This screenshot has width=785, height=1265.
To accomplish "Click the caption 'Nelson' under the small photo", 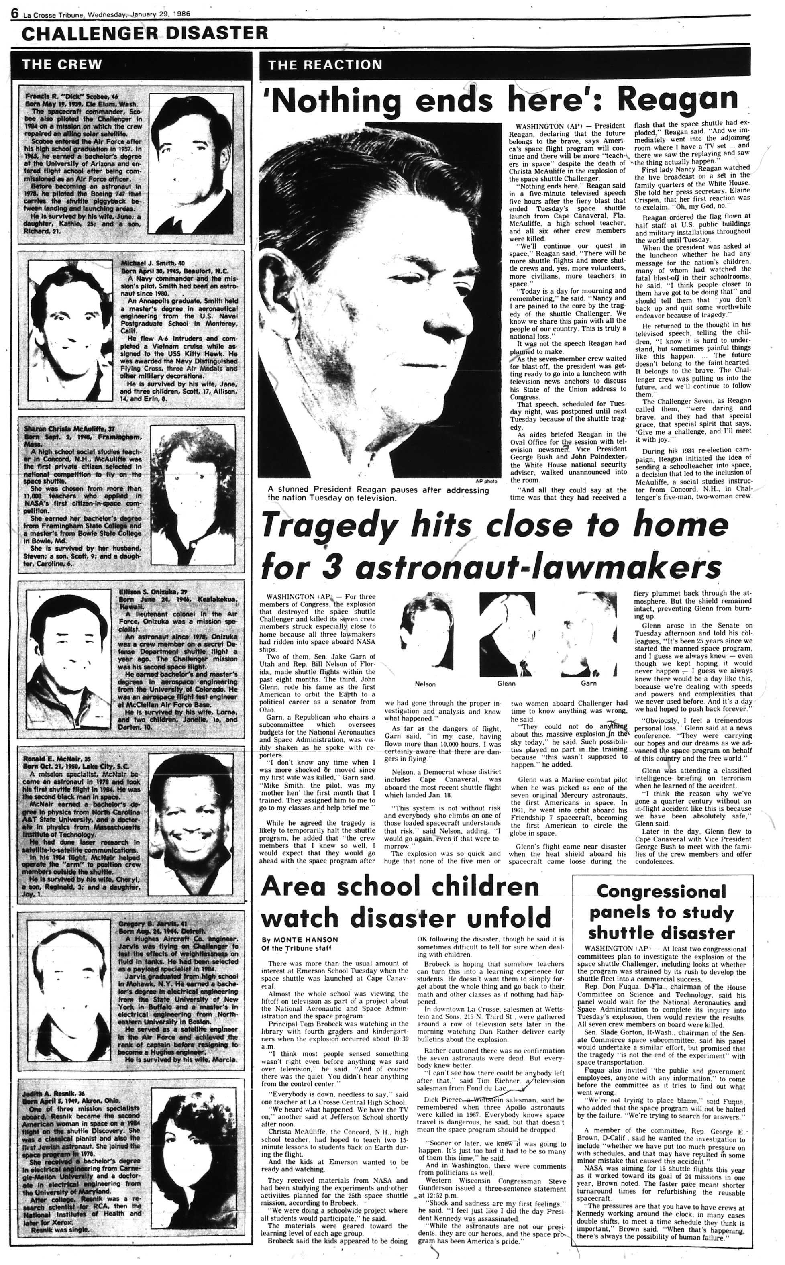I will (425, 684).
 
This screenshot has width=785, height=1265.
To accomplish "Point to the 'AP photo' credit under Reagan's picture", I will (486, 481).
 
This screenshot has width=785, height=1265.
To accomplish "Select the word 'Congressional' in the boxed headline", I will (661, 892).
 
